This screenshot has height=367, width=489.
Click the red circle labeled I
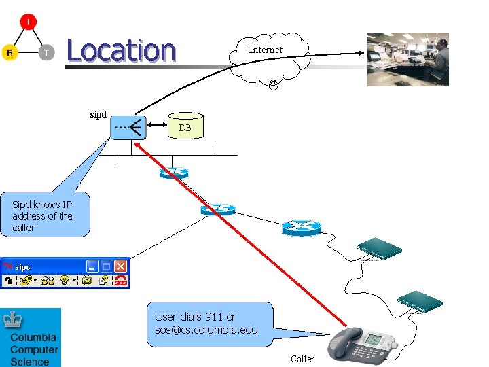click(x=28, y=22)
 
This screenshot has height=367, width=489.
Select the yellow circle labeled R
click(x=10, y=52)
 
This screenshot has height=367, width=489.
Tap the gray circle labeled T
click(x=46, y=52)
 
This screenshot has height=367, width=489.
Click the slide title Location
click(x=121, y=51)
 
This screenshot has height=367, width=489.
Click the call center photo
click(x=407, y=59)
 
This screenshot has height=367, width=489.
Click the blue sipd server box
click(x=128, y=126)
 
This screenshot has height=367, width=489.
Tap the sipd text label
click(x=98, y=114)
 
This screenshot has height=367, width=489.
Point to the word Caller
click(x=302, y=359)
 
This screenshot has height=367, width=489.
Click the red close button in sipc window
click(x=121, y=266)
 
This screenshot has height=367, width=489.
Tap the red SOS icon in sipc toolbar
click(x=120, y=280)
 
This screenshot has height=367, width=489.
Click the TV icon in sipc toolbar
click(x=87, y=280)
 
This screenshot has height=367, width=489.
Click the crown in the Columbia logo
click(x=13, y=319)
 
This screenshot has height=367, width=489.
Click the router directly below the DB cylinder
click(x=174, y=173)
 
